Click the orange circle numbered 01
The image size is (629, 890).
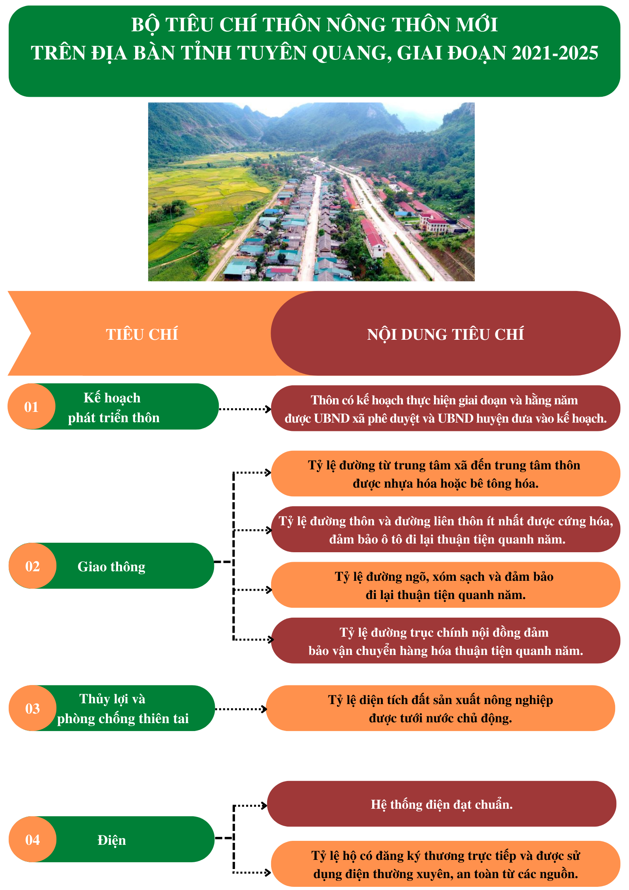[x=31, y=406]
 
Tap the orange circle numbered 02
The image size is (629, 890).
[x=33, y=566]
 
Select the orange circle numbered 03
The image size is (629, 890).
[x=33, y=708]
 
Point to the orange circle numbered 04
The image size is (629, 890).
[x=33, y=839]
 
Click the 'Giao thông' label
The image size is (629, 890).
[x=111, y=567]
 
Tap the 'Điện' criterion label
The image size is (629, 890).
[x=111, y=840]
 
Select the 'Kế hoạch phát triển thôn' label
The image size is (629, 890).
[x=113, y=408]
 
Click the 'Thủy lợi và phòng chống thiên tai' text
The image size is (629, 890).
[x=119, y=708]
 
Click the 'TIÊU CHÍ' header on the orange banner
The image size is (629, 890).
[x=141, y=334]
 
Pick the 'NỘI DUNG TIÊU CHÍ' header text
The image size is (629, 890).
[x=445, y=334]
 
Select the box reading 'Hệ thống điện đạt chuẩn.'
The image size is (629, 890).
[x=442, y=804]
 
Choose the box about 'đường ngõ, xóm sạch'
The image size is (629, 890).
[x=445, y=585]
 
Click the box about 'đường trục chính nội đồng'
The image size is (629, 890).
[x=445, y=641]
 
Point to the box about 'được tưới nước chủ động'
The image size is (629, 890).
[x=440, y=708]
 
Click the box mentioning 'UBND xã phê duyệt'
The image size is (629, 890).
[x=445, y=408]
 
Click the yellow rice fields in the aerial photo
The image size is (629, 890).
[x=198, y=190]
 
